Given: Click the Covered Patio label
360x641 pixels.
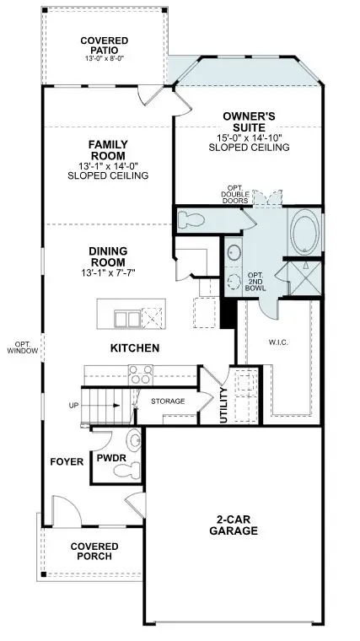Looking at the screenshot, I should [104, 46].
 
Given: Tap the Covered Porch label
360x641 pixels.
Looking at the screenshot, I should [94, 552].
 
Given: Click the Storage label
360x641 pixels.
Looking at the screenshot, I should [168, 401].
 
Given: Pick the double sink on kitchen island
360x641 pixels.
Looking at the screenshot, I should [127, 318].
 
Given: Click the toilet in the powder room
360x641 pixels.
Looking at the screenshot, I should [134, 440].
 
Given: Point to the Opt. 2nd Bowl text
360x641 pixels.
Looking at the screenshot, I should [255, 282].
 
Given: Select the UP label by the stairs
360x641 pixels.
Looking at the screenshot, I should [74, 406].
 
